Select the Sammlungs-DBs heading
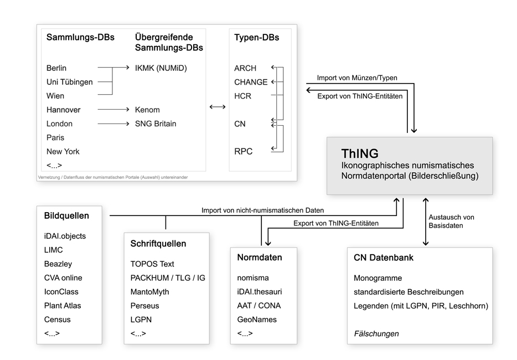pyautogui.click(x=80, y=38)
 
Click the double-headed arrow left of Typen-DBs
pyautogui.click(x=218, y=106)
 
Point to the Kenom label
pyautogui.click(x=147, y=110)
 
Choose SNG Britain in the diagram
pyautogui.click(x=156, y=124)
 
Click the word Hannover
pyautogui.click(x=64, y=110)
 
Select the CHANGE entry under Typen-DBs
pyautogui.click(x=251, y=82)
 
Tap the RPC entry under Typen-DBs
pyautogui.click(x=243, y=151)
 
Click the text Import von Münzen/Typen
pyautogui.click(x=357, y=78)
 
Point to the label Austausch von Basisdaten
pyautogui.click(x=451, y=221)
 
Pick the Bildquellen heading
pyautogui.click(x=66, y=215)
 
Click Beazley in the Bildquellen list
pyautogui.click(x=58, y=264)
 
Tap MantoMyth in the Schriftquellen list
pyautogui.click(x=149, y=291)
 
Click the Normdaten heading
pyautogui.click(x=260, y=257)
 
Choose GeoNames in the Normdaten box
pyautogui.click(x=257, y=319)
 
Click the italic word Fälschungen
pyautogui.click(x=376, y=333)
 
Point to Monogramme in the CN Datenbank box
pyautogui.click(x=378, y=278)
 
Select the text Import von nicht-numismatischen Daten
pyautogui.click(x=262, y=210)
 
